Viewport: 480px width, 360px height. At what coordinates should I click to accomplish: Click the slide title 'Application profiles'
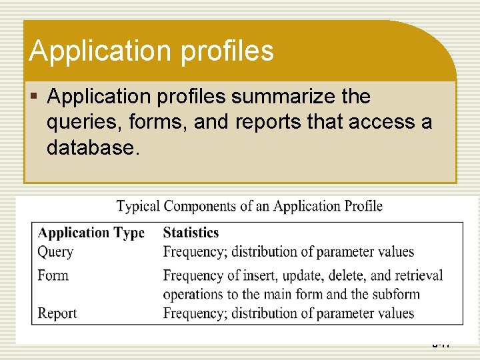coord(151,51)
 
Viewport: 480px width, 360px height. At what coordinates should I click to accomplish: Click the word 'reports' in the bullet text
coord(265,122)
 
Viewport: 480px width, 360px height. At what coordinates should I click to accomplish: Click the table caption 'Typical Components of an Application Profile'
coord(249,206)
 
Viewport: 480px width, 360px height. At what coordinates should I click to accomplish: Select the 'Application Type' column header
coord(91,233)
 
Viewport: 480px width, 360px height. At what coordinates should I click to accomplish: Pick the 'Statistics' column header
coord(191,233)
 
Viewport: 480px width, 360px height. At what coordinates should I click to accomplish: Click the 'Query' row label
coord(55,252)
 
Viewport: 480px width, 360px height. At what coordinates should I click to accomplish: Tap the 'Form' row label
coord(53,275)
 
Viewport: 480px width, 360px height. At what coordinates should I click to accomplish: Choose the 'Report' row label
coord(57,313)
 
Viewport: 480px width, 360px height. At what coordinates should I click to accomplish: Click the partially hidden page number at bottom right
coord(441,345)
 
